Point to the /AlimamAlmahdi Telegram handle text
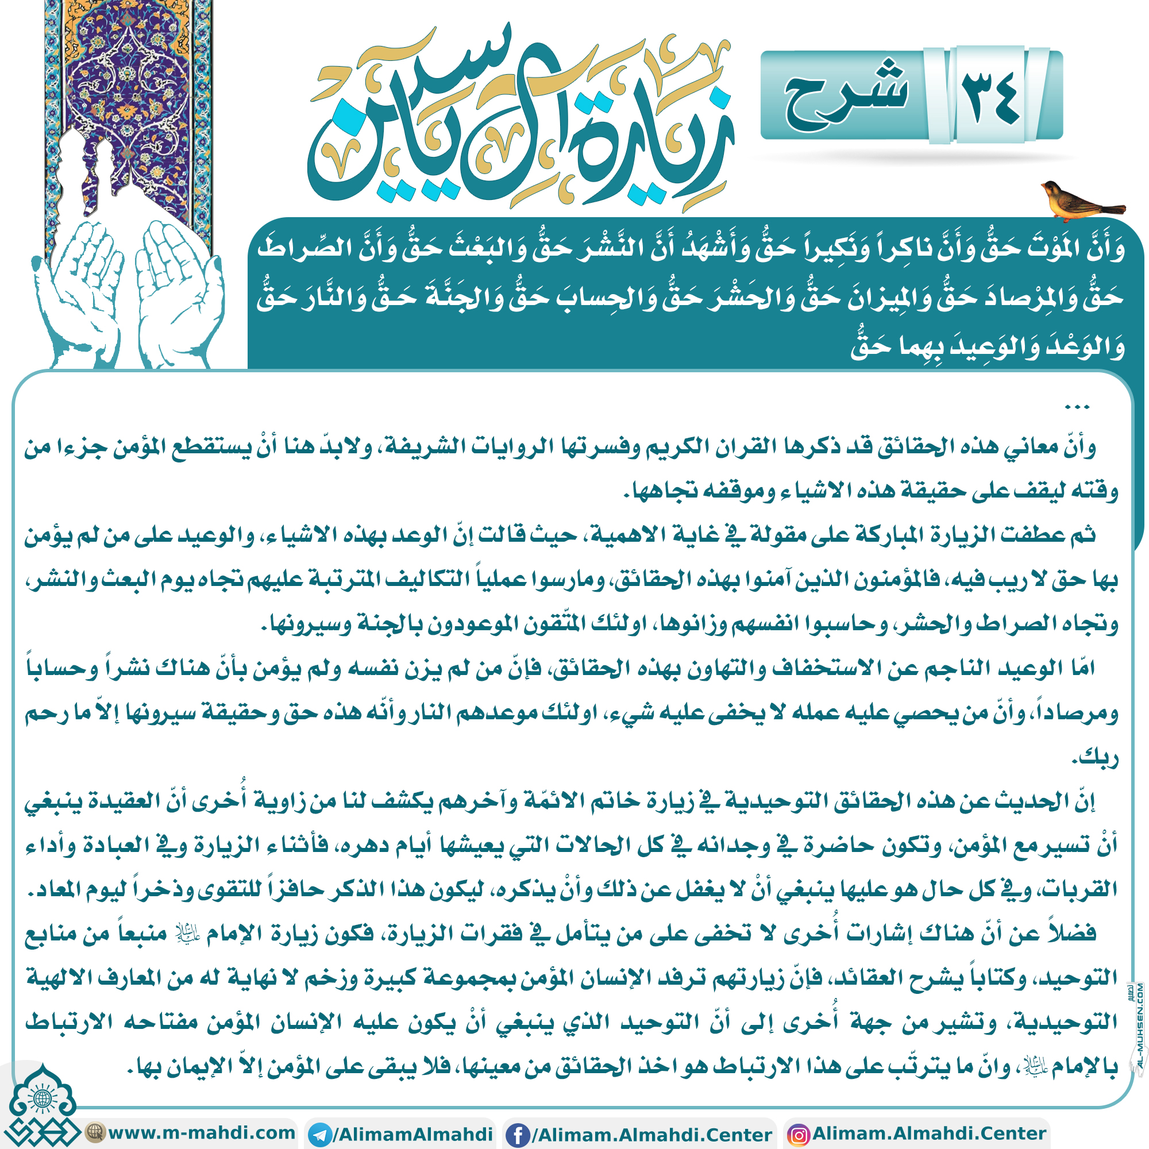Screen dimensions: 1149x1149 [x=412, y=1133]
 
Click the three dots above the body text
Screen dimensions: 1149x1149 [x=1077, y=407]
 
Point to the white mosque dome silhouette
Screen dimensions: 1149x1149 [x=89, y=172]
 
